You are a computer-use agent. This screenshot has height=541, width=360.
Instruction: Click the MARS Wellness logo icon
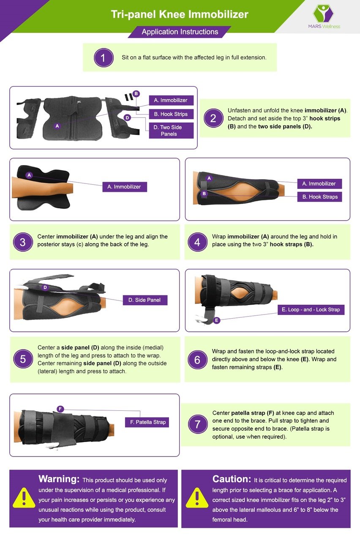[323, 14]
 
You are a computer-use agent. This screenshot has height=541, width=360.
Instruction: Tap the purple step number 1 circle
[104, 58]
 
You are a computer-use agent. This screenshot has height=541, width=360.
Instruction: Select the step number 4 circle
[197, 242]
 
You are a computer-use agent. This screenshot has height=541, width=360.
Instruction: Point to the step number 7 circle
[197, 424]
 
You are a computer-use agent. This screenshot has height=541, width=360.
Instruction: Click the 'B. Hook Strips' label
[171, 114]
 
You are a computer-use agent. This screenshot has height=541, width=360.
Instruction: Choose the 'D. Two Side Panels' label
[171, 131]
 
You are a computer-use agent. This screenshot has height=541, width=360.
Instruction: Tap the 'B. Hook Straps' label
[320, 197]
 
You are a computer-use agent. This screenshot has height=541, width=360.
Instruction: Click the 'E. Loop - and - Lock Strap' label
[311, 310]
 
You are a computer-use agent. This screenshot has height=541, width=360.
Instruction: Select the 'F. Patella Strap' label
[147, 422]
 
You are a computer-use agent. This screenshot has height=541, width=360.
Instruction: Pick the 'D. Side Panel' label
[145, 300]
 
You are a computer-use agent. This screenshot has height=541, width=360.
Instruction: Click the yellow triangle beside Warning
[24, 498]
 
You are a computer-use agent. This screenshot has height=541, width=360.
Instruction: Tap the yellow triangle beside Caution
[197, 498]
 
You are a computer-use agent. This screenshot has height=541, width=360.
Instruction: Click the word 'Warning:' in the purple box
[59, 479]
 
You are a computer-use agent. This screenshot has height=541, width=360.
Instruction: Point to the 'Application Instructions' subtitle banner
[180, 32]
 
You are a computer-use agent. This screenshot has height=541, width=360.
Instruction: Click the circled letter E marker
[217, 320]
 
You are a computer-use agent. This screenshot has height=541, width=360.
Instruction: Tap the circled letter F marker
[60, 409]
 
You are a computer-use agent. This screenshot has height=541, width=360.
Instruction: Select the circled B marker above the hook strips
[136, 93]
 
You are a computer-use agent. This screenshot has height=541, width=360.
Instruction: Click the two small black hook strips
[129, 97]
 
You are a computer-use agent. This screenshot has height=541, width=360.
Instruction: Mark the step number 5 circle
[23, 359]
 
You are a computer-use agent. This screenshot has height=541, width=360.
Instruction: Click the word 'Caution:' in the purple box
[232, 479]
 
